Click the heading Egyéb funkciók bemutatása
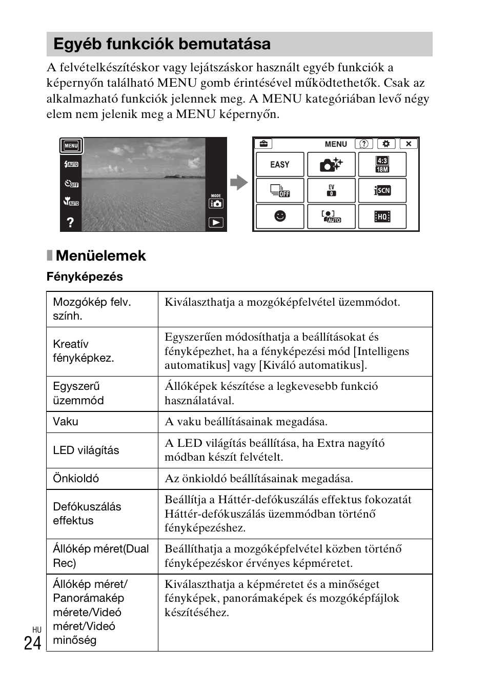162,44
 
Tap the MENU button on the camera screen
71,146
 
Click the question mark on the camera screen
70,222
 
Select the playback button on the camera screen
216,223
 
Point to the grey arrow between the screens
239,183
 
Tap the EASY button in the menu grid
280,165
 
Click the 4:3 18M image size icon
382,165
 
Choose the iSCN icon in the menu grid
382,190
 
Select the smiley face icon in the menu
280,216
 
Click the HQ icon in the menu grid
382,216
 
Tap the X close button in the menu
409,144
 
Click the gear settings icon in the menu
386,144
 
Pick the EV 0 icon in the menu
331,190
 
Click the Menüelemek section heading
100,255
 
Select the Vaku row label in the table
66,422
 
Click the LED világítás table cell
86,450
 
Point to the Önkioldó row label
76,479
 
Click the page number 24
32,643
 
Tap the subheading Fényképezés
85,277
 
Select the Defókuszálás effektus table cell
87,514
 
